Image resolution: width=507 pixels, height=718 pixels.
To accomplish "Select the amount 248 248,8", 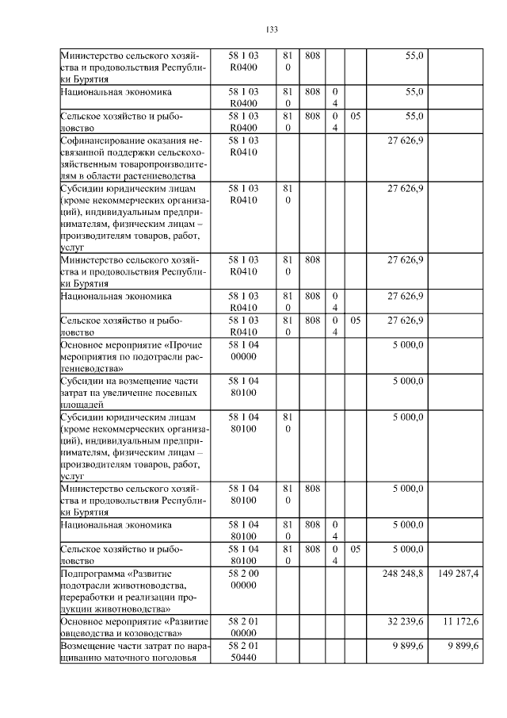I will [x=405, y=572].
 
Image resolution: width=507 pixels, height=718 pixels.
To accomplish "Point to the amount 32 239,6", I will [x=406, y=619].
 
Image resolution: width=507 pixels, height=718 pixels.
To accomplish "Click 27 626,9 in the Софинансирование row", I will [x=406, y=141].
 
